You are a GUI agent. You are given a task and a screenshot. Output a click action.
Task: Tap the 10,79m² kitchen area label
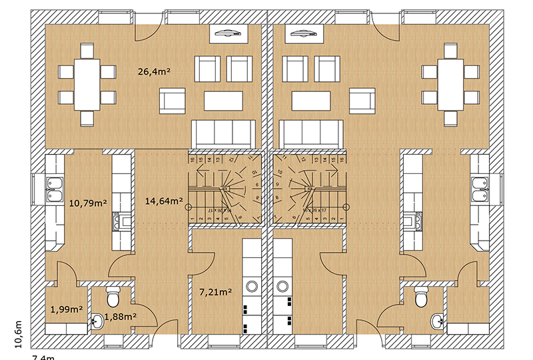89,202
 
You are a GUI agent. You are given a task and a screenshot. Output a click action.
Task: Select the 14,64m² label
165,200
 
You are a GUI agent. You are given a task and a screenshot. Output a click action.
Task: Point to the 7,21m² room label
215,291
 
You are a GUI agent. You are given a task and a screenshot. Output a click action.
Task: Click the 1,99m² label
67,309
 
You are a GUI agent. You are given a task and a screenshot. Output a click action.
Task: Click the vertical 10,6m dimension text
18,333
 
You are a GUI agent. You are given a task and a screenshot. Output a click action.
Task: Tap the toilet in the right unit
420,296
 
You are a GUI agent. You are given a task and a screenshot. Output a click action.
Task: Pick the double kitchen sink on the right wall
478,189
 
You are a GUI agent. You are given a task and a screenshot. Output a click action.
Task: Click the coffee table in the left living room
223,100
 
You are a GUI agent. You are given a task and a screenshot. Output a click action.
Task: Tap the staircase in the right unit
310,190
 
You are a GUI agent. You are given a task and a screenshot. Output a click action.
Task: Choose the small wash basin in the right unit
437,321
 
